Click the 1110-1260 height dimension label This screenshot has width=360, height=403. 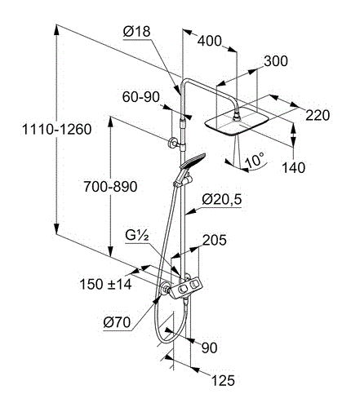pyautogui.click(x=56, y=129)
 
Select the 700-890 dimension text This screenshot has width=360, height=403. pyautogui.click(x=110, y=187)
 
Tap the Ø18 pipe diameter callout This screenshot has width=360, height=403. pyautogui.click(x=136, y=32)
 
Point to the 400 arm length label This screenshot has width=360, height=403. pyautogui.click(x=209, y=41)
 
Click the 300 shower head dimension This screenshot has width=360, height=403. pyautogui.click(x=276, y=61)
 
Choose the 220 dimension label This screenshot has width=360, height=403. pyautogui.click(x=318, y=115)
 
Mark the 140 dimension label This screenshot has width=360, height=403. pyautogui.click(x=293, y=167)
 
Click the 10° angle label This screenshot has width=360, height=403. pyautogui.click(x=255, y=160)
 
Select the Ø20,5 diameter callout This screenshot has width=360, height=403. pyautogui.click(x=221, y=199)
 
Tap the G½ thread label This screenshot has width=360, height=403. pyautogui.click(x=137, y=236)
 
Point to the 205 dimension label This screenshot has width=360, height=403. pyautogui.click(x=215, y=240)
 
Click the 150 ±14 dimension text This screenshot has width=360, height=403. pyautogui.click(x=105, y=284)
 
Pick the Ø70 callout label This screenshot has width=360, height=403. pyautogui.click(x=117, y=322)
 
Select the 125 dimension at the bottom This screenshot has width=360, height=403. pyautogui.click(x=223, y=380)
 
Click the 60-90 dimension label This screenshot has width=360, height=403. pyautogui.click(x=141, y=97)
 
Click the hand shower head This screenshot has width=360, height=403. pyautogui.click(x=193, y=160)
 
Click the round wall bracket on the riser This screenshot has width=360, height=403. pyautogui.click(x=172, y=143)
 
